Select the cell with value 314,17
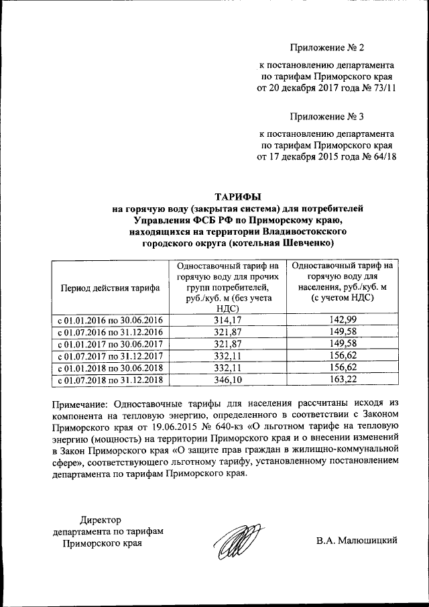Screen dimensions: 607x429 pos(227,320)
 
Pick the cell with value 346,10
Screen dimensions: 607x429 pos(227,380)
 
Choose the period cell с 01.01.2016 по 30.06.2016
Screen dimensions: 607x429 pos(110,320)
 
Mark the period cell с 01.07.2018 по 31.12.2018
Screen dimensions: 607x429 pos(110,380)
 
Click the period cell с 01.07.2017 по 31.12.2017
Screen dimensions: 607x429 pos(110,356)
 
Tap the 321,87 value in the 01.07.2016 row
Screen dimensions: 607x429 pos(227,332)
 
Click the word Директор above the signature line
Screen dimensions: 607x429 pos(101,520)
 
